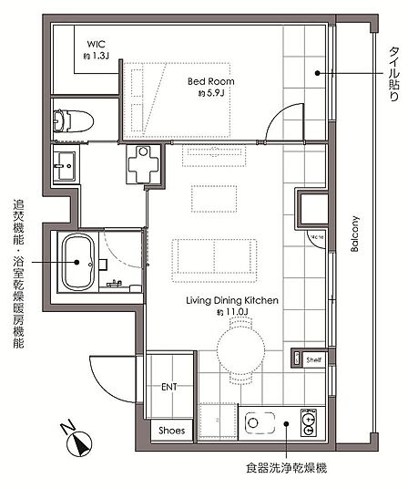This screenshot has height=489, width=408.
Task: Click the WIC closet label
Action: pyautogui.click(x=96, y=44)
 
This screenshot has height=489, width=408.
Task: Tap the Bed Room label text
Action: pyautogui.click(x=211, y=82)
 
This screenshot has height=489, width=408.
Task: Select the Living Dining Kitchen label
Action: pyautogui.click(x=232, y=301)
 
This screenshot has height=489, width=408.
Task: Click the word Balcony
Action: pyautogui.click(x=355, y=234)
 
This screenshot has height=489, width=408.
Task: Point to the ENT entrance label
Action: pyautogui.click(x=169, y=387)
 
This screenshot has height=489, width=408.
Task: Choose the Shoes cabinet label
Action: pyautogui.click(x=171, y=431)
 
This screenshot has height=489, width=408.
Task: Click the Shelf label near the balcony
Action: pyautogui.click(x=313, y=359)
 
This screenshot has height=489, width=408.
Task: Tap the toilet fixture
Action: pyautogui.click(x=73, y=120)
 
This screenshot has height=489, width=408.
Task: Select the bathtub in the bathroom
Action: pyautogui.click(x=78, y=262)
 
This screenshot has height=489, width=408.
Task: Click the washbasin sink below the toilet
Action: pyautogui.click(x=65, y=166)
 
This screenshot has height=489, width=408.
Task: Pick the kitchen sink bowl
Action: pyautogui.click(x=260, y=423)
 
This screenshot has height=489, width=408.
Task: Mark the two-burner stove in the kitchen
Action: pyautogui.click(x=309, y=422)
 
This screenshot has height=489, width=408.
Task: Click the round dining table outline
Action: pyautogui.click(x=240, y=349)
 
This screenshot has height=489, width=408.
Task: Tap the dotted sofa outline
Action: pyautogui.click(x=214, y=260)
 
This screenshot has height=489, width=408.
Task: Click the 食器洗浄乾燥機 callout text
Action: pyautogui.click(x=286, y=468)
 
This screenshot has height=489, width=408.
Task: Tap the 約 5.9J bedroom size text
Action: pyautogui.click(x=211, y=93)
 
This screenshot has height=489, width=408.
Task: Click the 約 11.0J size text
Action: pyautogui.click(x=232, y=312)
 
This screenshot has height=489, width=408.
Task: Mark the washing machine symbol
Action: pyautogui.click(x=143, y=164)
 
